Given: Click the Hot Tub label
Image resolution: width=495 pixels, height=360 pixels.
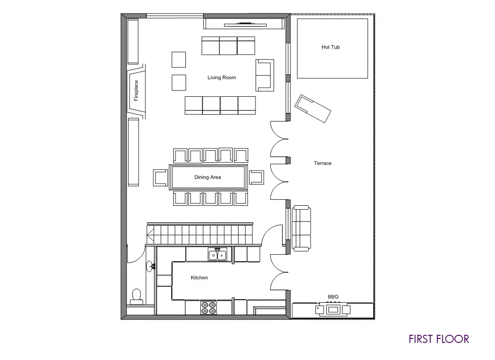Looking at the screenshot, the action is pos(331,47).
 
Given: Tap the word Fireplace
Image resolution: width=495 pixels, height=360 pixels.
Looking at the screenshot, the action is pos(136,90).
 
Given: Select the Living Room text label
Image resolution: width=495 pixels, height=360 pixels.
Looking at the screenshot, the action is pos(221,77).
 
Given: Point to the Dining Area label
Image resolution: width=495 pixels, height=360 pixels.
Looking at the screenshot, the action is pos(207,177).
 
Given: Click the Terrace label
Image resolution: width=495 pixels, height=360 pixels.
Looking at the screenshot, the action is pos(323,163).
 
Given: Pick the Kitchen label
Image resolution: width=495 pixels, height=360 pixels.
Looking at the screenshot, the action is pos(199,278).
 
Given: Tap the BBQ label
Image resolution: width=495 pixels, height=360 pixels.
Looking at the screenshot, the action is pos(333,297).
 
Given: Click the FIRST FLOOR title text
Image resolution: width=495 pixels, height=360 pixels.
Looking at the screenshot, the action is pos(439,339).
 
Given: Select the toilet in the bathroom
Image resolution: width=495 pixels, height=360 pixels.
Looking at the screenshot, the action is pos(137,297).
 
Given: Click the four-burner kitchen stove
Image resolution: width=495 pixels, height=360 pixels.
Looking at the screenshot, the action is pos(209,308).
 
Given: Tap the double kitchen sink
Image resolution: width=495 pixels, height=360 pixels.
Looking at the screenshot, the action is pos(217,255).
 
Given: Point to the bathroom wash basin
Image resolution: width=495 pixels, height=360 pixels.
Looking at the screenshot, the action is pos(150,266).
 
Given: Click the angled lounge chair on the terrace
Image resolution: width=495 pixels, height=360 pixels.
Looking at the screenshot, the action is pos(313,108).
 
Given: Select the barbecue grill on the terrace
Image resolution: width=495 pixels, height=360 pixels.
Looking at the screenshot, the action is pos(333,309).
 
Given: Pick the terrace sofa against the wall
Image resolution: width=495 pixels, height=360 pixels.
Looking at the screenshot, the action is pos(301,228).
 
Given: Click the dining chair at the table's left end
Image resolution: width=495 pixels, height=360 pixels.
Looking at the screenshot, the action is pos(161,177).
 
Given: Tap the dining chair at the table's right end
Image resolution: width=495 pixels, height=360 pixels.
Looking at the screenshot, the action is pos(256,177).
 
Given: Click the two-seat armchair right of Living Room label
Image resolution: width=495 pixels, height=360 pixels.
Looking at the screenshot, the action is pos(265,75).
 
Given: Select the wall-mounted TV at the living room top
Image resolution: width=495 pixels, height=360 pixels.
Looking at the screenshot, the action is pos(245,24).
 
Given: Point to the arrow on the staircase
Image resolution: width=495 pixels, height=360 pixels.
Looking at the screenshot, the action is pos(150,234).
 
